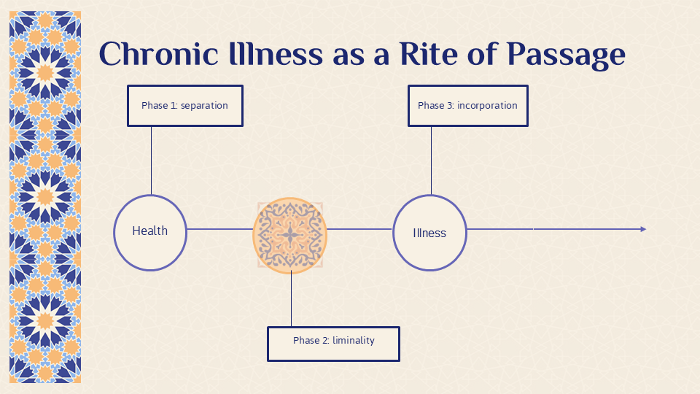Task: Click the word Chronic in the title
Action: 158,53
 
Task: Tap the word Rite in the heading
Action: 429,53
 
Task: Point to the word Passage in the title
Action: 566,55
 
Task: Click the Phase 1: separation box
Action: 185,106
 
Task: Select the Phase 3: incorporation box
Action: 468,106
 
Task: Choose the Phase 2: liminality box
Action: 333,344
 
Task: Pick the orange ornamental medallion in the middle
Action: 290,236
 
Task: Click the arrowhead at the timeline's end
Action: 643,229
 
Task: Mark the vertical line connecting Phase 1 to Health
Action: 152,161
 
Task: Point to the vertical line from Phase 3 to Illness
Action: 431,161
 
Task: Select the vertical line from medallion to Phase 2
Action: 292,298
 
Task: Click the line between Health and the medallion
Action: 220,229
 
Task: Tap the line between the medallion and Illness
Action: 359,229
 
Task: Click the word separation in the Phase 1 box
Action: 204,106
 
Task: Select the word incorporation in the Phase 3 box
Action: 487,106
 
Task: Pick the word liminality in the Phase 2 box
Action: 354,341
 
